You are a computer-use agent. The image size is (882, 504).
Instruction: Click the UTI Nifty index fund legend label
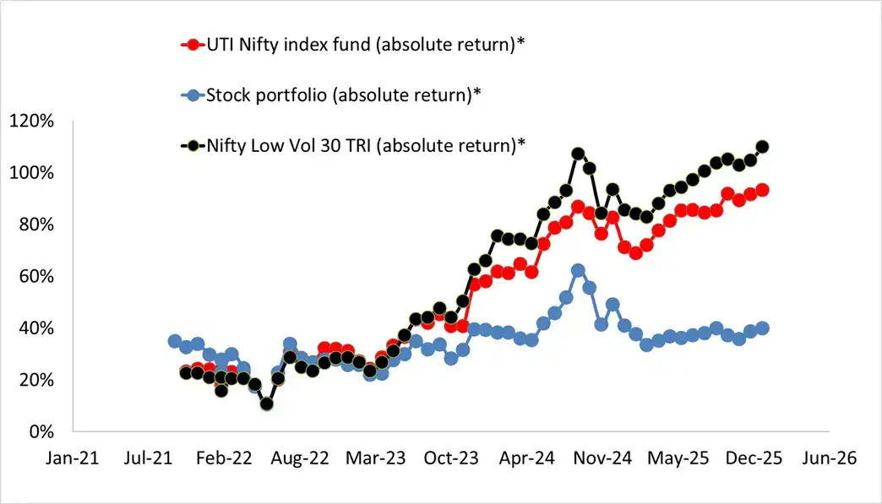click(x=365, y=45)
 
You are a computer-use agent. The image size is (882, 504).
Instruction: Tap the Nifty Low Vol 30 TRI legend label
click(x=366, y=144)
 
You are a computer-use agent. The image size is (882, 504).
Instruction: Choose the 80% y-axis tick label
click(x=34, y=225)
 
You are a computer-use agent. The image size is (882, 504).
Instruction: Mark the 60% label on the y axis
click(x=34, y=276)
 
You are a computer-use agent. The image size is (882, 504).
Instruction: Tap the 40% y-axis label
click(x=34, y=328)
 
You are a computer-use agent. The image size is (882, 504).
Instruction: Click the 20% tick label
click(x=34, y=380)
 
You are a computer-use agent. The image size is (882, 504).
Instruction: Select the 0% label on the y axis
click(x=38, y=431)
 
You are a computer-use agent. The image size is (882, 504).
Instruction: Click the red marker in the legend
click(x=193, y=45)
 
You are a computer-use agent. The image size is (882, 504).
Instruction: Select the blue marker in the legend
click(x=193, y=95)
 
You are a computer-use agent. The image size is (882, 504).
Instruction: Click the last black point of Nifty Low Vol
click(x=761, y=147)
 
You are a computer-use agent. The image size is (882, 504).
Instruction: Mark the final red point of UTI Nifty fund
click(x=761, y=190)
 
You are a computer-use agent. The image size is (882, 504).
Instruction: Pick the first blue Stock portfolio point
click(x=175, y=341)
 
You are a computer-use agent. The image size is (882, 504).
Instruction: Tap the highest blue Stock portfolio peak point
click(x=578, y=271)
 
